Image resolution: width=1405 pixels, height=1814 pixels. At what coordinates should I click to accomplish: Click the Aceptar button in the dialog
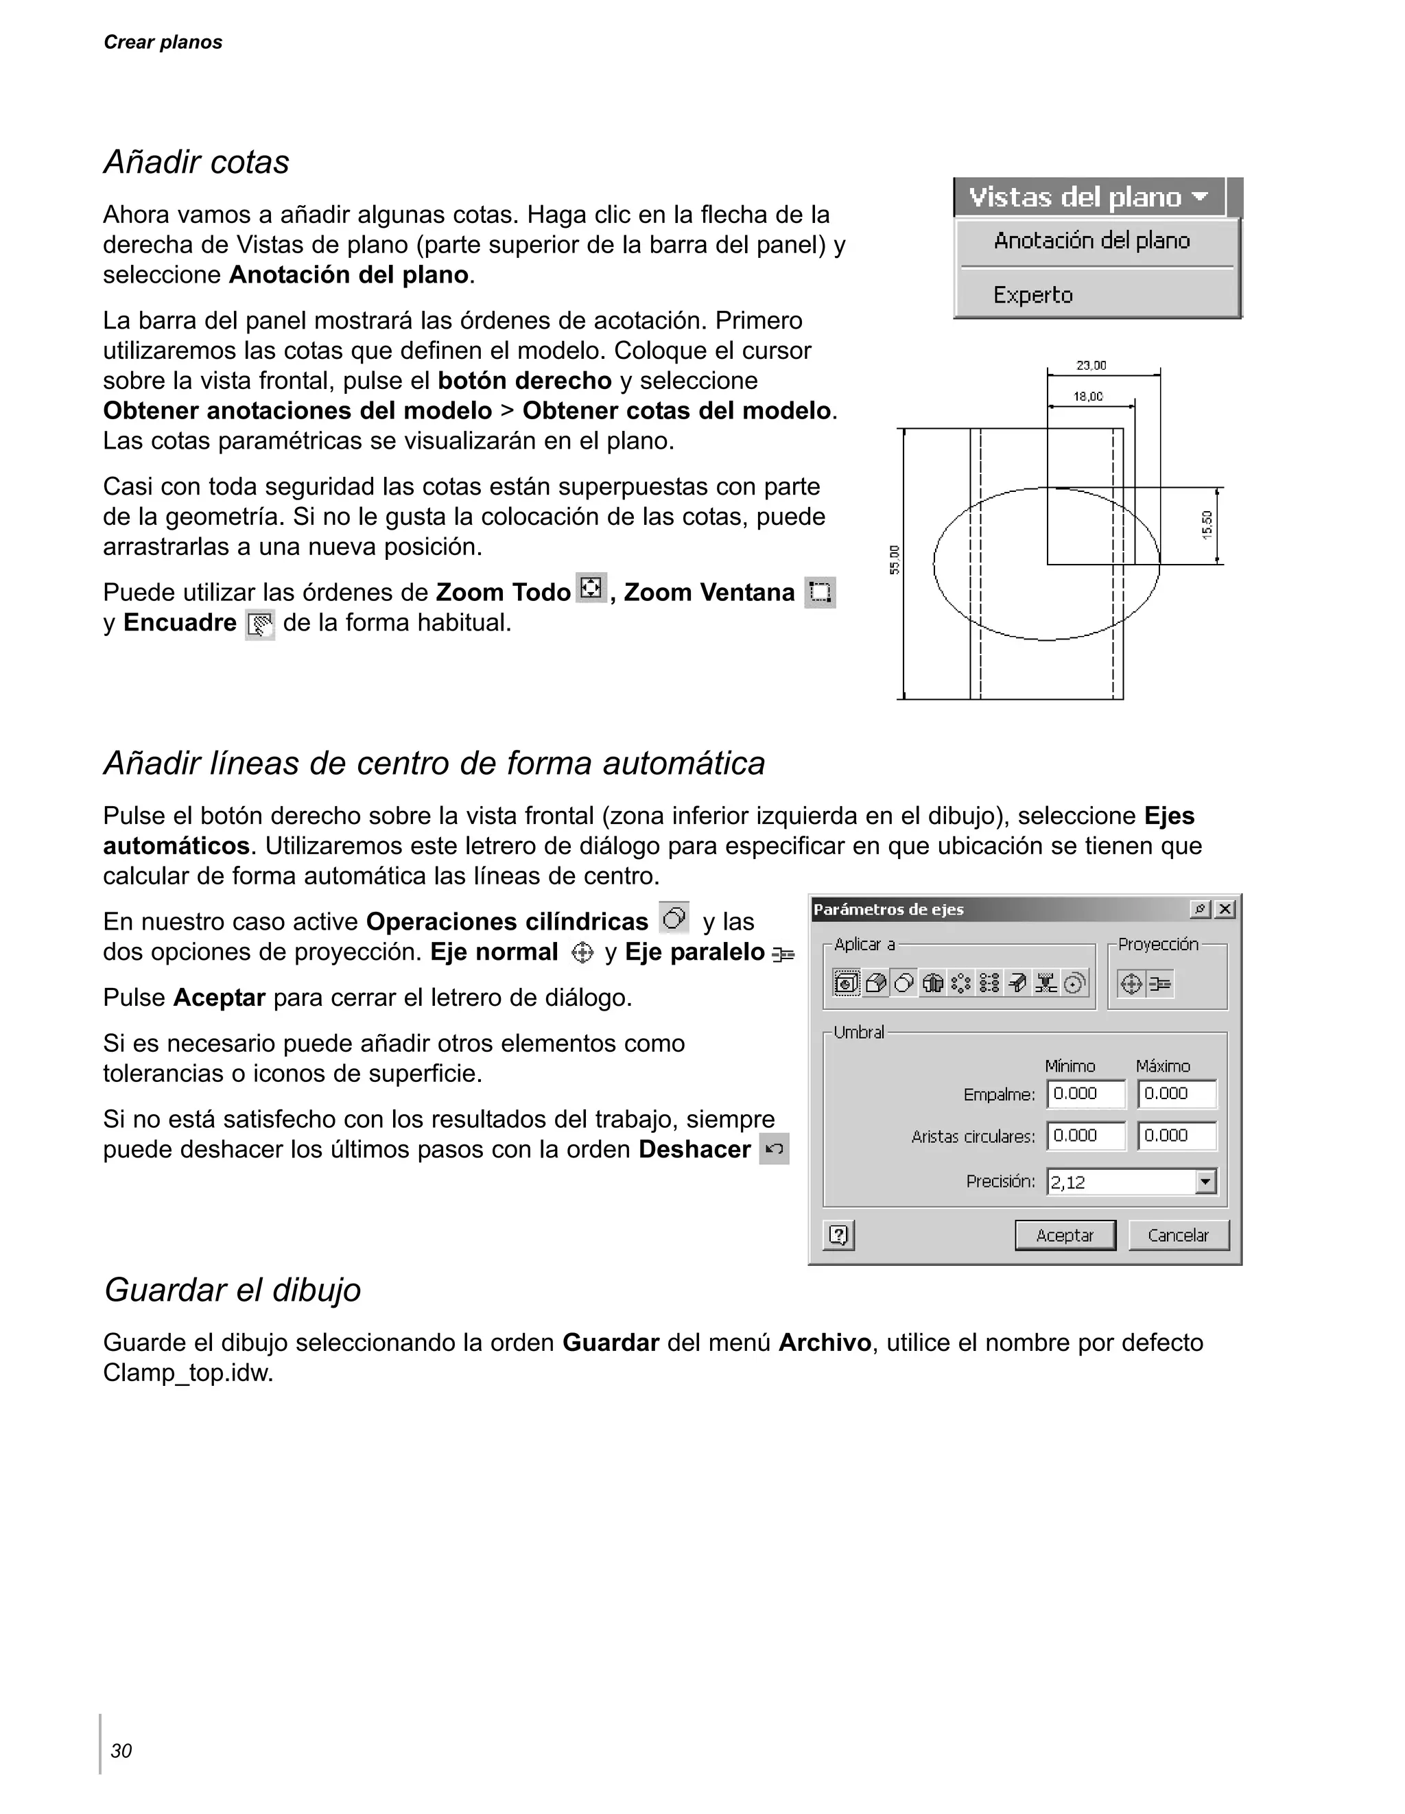1065,1235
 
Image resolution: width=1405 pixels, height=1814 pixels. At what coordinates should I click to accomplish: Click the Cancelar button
1177,1235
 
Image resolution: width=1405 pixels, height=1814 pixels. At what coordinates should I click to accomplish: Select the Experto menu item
1033,295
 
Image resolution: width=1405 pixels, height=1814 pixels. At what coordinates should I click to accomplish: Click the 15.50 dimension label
1207,525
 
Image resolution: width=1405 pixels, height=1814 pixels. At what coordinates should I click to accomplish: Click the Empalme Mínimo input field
1085,1094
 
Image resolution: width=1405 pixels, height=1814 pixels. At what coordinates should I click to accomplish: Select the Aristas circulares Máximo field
1176,1135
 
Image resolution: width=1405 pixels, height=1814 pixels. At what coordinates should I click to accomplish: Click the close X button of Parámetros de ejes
1225,910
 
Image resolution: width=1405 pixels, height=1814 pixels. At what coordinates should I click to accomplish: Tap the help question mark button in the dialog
839,1235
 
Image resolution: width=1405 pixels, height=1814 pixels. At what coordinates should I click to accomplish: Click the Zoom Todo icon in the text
591,588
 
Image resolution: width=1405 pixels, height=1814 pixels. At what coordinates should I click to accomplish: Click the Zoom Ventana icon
820,592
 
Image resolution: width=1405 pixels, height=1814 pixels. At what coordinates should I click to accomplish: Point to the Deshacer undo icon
774,1150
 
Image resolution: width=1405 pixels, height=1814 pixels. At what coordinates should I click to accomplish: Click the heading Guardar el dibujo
233,1290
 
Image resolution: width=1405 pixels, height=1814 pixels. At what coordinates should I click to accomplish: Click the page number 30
121,1751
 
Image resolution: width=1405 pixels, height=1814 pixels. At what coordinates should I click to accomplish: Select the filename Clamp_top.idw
188,1373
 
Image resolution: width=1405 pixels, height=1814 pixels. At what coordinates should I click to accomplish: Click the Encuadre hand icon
260,624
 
